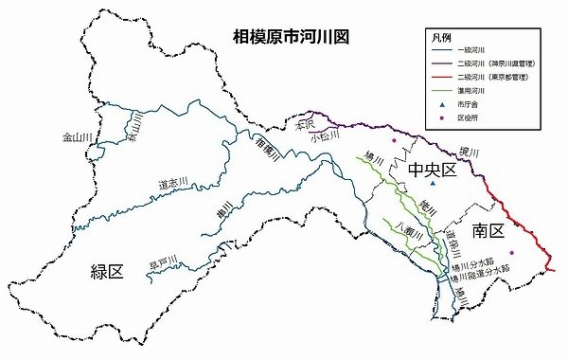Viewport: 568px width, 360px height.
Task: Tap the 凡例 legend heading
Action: (441, 37)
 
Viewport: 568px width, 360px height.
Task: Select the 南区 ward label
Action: (493, 230)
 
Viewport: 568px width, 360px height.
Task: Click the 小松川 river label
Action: (326, 136)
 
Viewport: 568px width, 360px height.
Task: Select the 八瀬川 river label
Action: (408, 227)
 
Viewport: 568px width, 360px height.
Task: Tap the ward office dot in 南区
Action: (512, 252)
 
